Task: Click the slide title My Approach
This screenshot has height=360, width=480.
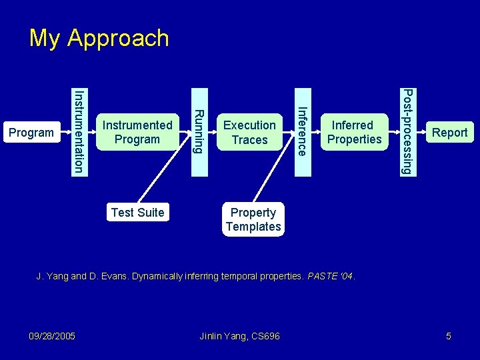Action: click(99, 38)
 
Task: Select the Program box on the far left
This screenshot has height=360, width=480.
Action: click(31, 133)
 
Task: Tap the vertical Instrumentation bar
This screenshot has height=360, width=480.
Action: click(79, 131)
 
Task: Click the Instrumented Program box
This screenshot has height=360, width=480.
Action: click(137, 132)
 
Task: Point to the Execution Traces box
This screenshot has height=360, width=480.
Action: click(249, 132)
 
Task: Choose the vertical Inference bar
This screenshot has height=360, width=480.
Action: click(302, 131)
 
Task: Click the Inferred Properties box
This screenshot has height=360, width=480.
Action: click(354, 132)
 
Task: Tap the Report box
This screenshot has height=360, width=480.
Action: click(449, 133)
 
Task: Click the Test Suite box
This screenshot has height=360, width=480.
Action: click(137, 213)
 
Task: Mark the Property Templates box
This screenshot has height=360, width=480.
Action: click(253, 219)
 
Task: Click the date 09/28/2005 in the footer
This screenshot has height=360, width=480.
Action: click(53, 336)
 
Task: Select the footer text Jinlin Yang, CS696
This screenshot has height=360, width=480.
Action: click(240, 336)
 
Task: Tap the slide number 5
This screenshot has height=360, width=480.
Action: click(449, 336)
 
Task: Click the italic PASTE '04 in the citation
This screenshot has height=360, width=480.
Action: click(331, 275)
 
